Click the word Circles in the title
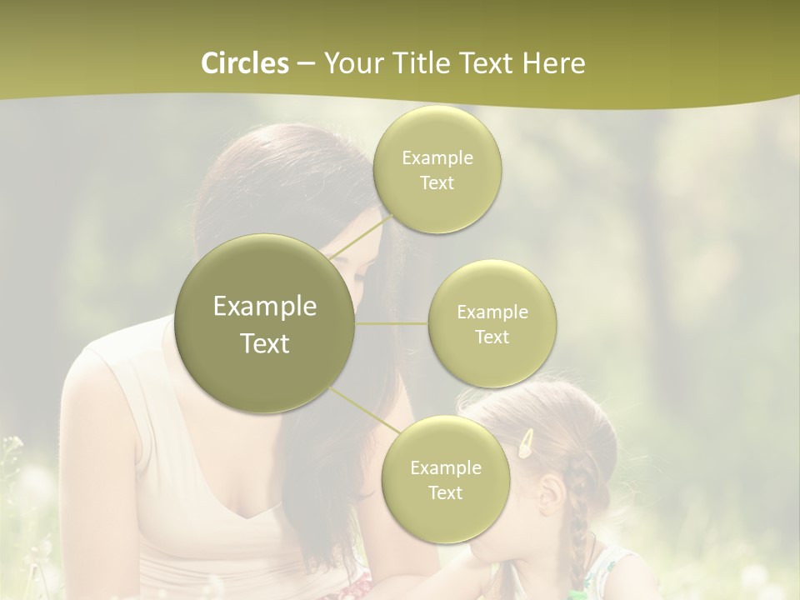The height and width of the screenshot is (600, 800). (244, 63)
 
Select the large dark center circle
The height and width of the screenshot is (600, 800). (265, 323)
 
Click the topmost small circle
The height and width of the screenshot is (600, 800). (437, 169)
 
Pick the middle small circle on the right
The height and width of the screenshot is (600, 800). (492, 323)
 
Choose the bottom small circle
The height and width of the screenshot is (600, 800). (445, 479)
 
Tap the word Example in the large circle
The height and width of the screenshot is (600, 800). (265, 307)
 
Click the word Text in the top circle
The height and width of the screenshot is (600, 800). (437, 182)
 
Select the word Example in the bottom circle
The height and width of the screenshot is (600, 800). (445, 467)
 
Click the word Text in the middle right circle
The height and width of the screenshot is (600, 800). (492, 337)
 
